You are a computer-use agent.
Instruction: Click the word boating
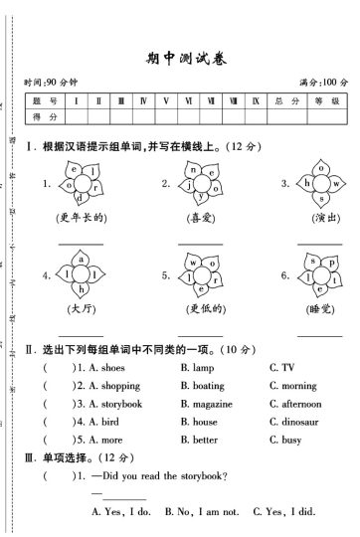tap(208, 386)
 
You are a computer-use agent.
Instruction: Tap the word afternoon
tap(300, 404)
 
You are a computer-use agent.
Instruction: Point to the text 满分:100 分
tap(323, 82)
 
